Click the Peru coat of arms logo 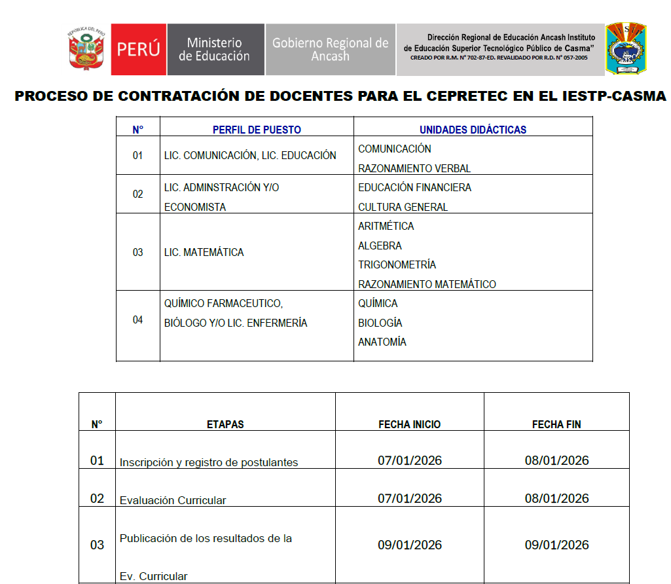(x=86, y=49)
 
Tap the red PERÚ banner (x=138, y=50)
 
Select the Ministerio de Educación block (x=215, y=50)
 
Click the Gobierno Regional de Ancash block (x=330, y=50)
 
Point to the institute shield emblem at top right (x=625, y=49)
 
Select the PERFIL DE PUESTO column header (x=257, y=130)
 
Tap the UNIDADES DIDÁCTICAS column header (x=473, y=130)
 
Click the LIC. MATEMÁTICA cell (x=204, y=252)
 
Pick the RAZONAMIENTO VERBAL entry (x=414, y=168)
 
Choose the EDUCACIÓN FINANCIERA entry (x=414, y=187)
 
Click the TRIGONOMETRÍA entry (x=397, y=265)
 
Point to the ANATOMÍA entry (x=382, y=342)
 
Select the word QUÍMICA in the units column (x=378, y=303)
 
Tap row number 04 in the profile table (x=137, y=319)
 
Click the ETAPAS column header (x=225, y=424)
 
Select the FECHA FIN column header (x=556, y=424)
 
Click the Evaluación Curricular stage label (x=173, y=500)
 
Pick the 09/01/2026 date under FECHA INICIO (x=410, y=545)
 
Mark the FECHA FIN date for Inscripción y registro (x=556, y=460)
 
